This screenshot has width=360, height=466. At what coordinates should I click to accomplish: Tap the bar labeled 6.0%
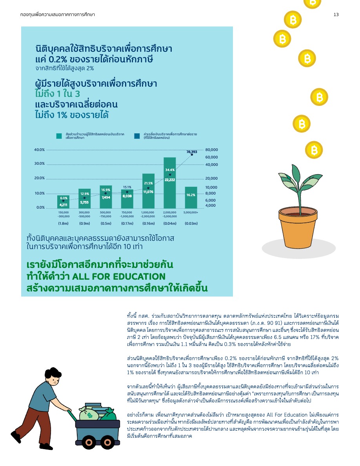(x=63, y=202)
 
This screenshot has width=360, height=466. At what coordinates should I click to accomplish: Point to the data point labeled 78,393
(x=192, y=155)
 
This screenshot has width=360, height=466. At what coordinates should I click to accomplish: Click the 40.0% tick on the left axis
(x=39, y=150)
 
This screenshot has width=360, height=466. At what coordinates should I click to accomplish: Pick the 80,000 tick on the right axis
(x=211, y=150)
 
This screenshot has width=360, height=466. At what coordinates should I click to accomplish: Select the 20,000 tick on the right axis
(x=211, y=178)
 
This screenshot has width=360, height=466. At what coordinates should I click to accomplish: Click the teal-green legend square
(x=59, y=136)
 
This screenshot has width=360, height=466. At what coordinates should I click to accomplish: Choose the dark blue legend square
(x=137, y=136)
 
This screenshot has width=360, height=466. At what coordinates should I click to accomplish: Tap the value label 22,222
(x=169, y=180)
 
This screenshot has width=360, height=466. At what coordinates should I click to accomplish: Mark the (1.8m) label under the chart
(x=64, y=224)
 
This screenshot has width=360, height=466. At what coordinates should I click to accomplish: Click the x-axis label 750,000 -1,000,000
(x=127, y=214)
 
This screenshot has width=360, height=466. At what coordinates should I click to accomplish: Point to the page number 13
(x=336, y=15)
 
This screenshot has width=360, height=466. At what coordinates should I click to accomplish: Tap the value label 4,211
(x=63, y=205)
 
